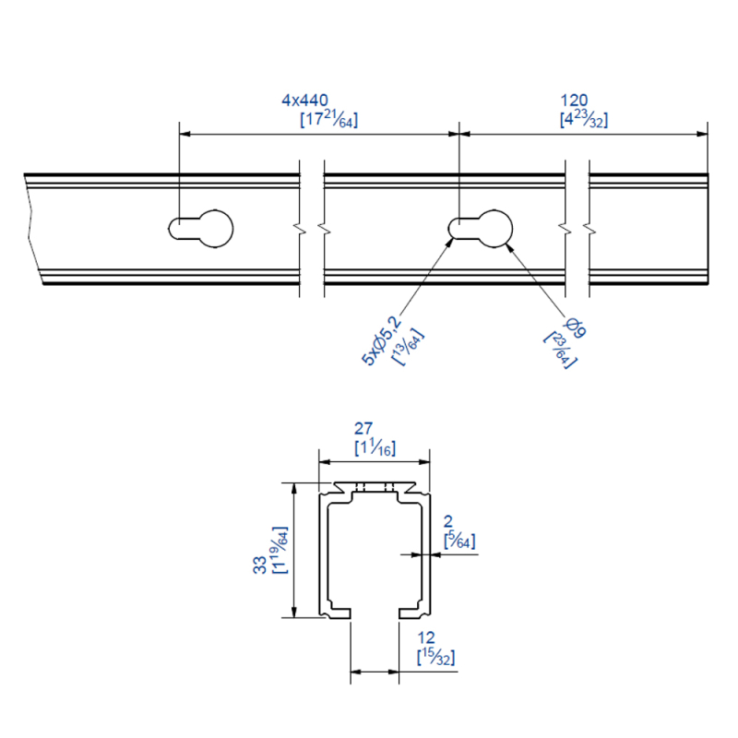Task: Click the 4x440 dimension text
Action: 305,100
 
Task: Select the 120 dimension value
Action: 574,100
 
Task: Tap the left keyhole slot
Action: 201,229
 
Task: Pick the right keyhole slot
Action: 480,229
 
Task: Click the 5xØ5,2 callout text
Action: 382,340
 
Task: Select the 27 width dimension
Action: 363,428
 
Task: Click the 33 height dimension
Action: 259,565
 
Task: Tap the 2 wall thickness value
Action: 448,521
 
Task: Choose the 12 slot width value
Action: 426,637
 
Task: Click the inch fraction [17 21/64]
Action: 329,119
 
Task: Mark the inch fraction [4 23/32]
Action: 584,119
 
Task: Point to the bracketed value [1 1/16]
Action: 375,447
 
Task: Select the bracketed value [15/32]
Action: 435,657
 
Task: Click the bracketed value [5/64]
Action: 459,541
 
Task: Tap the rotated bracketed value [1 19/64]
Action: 280,550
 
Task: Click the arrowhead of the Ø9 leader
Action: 509,247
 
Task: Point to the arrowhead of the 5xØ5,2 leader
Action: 450,243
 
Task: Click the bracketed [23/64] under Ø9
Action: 560,351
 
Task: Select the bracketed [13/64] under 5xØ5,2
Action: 408,347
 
